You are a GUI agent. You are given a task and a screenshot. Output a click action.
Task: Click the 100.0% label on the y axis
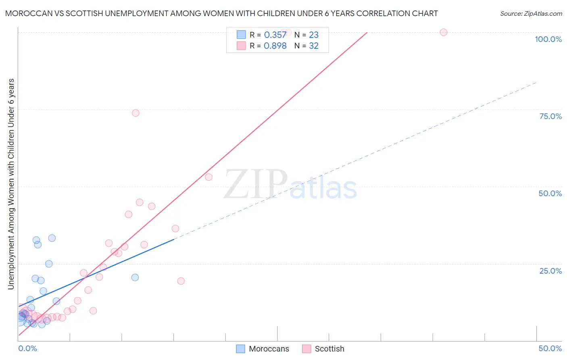coord(548,39)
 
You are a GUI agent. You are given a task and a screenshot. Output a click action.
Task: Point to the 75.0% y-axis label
coord(550,116)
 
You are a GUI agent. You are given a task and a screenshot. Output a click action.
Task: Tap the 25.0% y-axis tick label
coord(550,271)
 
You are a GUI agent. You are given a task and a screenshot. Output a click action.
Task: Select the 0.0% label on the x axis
coord(27,348)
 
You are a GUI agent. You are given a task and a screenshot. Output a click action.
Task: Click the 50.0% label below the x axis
coord(550,348)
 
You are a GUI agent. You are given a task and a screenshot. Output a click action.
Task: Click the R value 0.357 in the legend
coord(275,35)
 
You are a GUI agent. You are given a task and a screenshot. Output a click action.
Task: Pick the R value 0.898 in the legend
coord(275,46)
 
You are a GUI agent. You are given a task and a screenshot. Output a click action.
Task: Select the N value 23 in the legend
coord(313,35)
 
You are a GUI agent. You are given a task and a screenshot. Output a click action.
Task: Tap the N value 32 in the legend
coord(313,46)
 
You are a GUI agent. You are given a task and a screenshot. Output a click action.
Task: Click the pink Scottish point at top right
coord(444,32)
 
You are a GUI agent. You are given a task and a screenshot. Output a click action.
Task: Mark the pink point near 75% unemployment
coord(135,113)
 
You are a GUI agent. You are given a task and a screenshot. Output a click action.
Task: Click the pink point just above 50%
coord(208,177)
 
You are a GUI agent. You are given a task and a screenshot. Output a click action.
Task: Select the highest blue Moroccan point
coord(52,238)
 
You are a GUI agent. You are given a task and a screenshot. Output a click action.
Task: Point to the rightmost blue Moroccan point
coord(135,277)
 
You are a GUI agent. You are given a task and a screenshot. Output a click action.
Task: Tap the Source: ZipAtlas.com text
coord(531,14)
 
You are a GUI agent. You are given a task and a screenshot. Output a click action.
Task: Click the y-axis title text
coord(11,184)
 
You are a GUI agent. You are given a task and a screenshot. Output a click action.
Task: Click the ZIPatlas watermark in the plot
coord(290,185)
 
